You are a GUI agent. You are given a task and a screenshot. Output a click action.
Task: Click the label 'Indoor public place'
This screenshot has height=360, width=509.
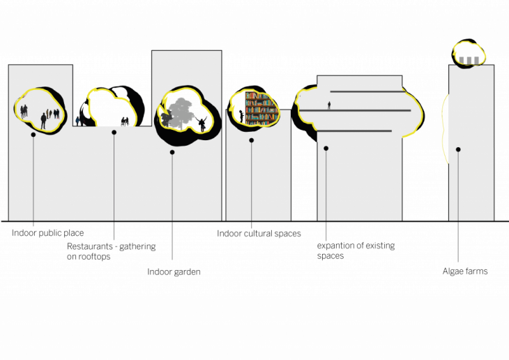click(x=47, y=233)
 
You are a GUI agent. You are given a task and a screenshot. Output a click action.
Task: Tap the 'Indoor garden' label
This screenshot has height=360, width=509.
click(x=174, y=272)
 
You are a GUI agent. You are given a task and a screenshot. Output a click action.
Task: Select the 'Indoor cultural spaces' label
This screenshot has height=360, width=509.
click(x=259, y=234)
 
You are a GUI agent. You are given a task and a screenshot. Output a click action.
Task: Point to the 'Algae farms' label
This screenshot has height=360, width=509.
click(x=465, y=271)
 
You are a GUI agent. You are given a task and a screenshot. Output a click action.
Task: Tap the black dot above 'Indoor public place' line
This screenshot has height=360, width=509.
click(x=33, y=135)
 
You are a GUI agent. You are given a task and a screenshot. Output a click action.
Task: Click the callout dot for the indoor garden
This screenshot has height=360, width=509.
click(x=172, y=152)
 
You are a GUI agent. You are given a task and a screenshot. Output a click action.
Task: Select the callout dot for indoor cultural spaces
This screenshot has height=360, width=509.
click(x=251, y=140)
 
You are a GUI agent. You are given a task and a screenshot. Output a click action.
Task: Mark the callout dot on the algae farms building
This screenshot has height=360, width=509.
click(x=458, y=149)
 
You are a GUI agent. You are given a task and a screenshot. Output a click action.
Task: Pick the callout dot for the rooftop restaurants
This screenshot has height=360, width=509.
click(x=114, y=133)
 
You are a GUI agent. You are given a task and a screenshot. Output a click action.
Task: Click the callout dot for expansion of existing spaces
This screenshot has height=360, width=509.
click(x=326, y=148)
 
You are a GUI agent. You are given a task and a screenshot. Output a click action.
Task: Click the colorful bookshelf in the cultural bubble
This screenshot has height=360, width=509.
click(x=261, y=109)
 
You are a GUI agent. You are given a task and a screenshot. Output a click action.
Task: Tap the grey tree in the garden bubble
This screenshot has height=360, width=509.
click(x=180, y=113)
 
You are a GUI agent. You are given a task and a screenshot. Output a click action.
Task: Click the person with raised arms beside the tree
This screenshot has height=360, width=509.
click(x=202, y=124)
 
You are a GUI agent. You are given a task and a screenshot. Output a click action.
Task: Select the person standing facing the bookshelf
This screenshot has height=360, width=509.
click(x=241, y=117)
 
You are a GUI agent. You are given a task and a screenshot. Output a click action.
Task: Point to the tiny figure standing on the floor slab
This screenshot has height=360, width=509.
click(x=329, y=105)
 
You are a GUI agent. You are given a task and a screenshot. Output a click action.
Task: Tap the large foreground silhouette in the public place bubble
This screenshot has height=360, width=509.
click(x=43, y=121)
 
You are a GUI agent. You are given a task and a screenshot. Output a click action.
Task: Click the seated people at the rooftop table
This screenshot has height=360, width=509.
click(x=125, y=121)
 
